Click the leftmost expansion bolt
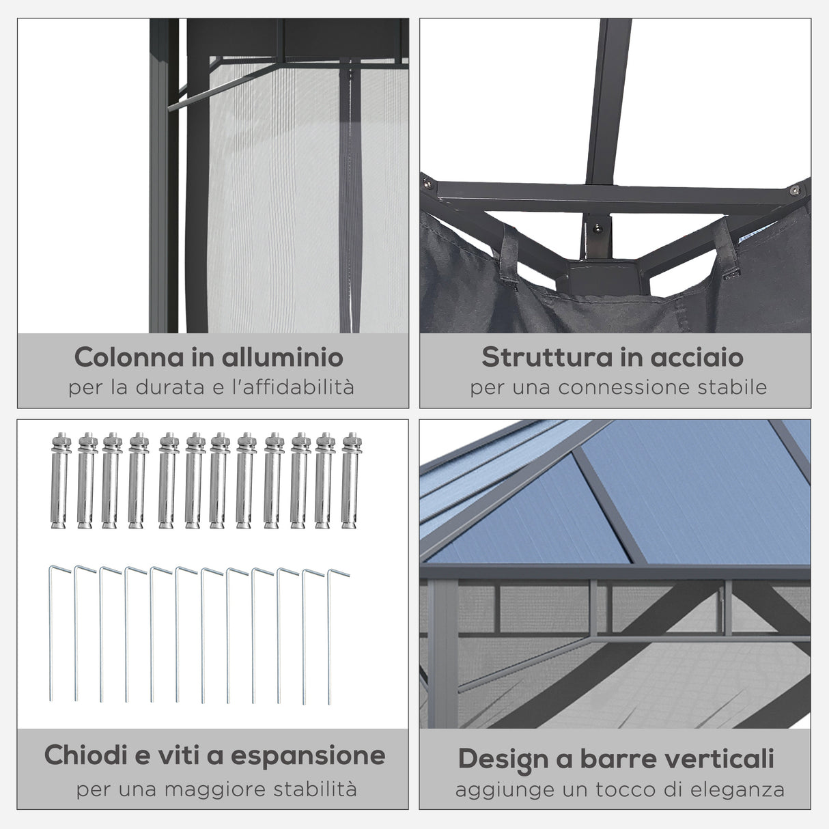point(59,481)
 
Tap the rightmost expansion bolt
point(350,481)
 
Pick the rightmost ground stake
point(331,635)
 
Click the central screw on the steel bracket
point(598,230)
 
